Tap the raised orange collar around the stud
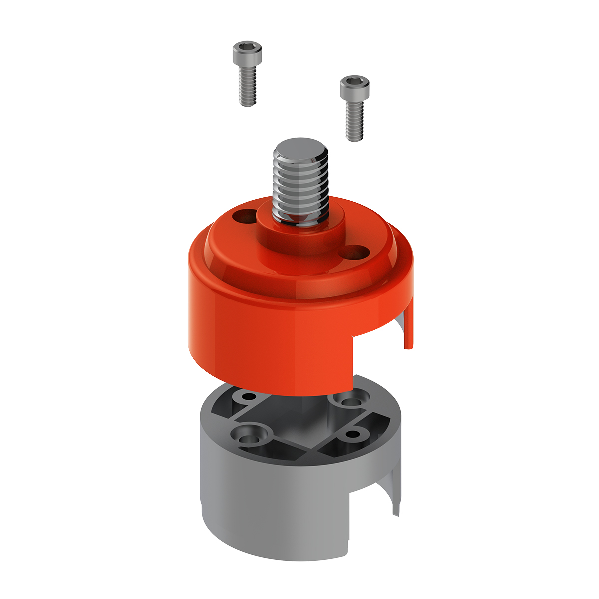(299, 235)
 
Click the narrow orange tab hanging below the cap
(409, 329)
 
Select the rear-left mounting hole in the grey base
(248, 398)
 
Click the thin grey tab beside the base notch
(396, 499)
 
